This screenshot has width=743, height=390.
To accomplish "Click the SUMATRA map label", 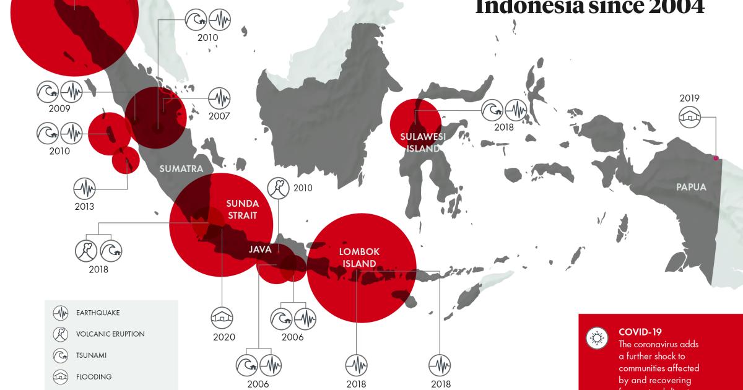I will pos(181,168).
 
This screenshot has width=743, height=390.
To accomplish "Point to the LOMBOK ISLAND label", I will pos(359,257).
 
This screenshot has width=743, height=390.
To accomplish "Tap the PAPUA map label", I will pos(691,186).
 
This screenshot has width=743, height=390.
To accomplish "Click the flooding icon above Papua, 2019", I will pos(690,116).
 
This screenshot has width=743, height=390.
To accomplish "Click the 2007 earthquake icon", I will pos(219,98).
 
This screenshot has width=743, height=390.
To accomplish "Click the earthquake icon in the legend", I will pos(61,313).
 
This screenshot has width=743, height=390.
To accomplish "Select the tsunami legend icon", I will pos(61,355).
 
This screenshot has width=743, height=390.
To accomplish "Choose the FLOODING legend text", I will pos(94,376).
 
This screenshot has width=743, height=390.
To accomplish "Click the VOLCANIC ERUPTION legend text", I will pos(110,334).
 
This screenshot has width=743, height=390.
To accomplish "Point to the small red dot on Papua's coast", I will pos(716,157).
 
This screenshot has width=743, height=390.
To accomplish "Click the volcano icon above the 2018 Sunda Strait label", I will pos(85,251).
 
